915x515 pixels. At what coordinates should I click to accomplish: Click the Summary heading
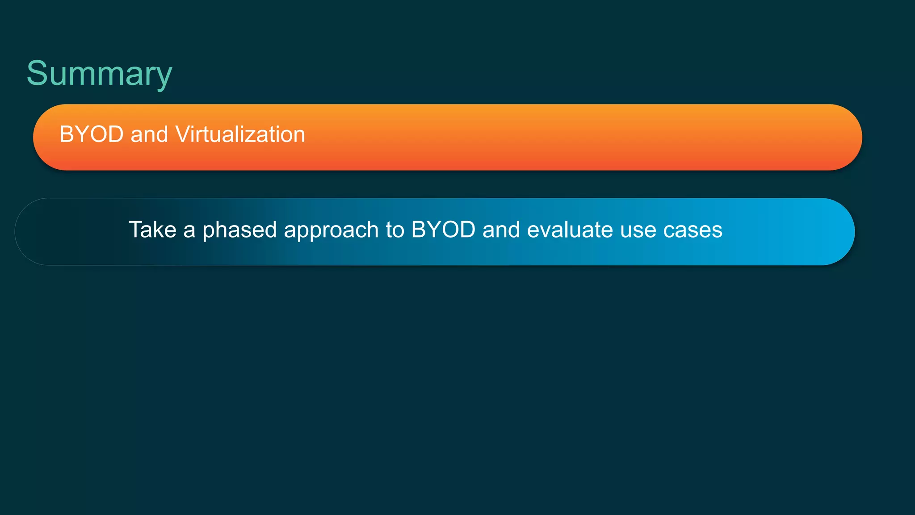coord(99,73)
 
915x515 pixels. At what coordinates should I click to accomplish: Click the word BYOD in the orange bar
coord(92,134)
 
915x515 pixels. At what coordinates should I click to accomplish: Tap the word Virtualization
coord(240,134)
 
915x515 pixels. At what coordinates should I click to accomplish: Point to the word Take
coord(152,230)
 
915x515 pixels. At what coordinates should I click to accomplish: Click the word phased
coord(239,230)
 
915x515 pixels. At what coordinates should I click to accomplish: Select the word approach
coord(331,230)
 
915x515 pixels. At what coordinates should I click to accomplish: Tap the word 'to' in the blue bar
coord(395,230)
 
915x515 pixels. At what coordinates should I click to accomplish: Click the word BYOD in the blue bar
coord(443,230)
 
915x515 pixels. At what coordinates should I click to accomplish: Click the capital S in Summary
coord(37,73)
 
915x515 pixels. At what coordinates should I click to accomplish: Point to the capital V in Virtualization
coord(183,134)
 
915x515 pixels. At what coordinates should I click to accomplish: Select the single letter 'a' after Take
coord(189,231)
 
